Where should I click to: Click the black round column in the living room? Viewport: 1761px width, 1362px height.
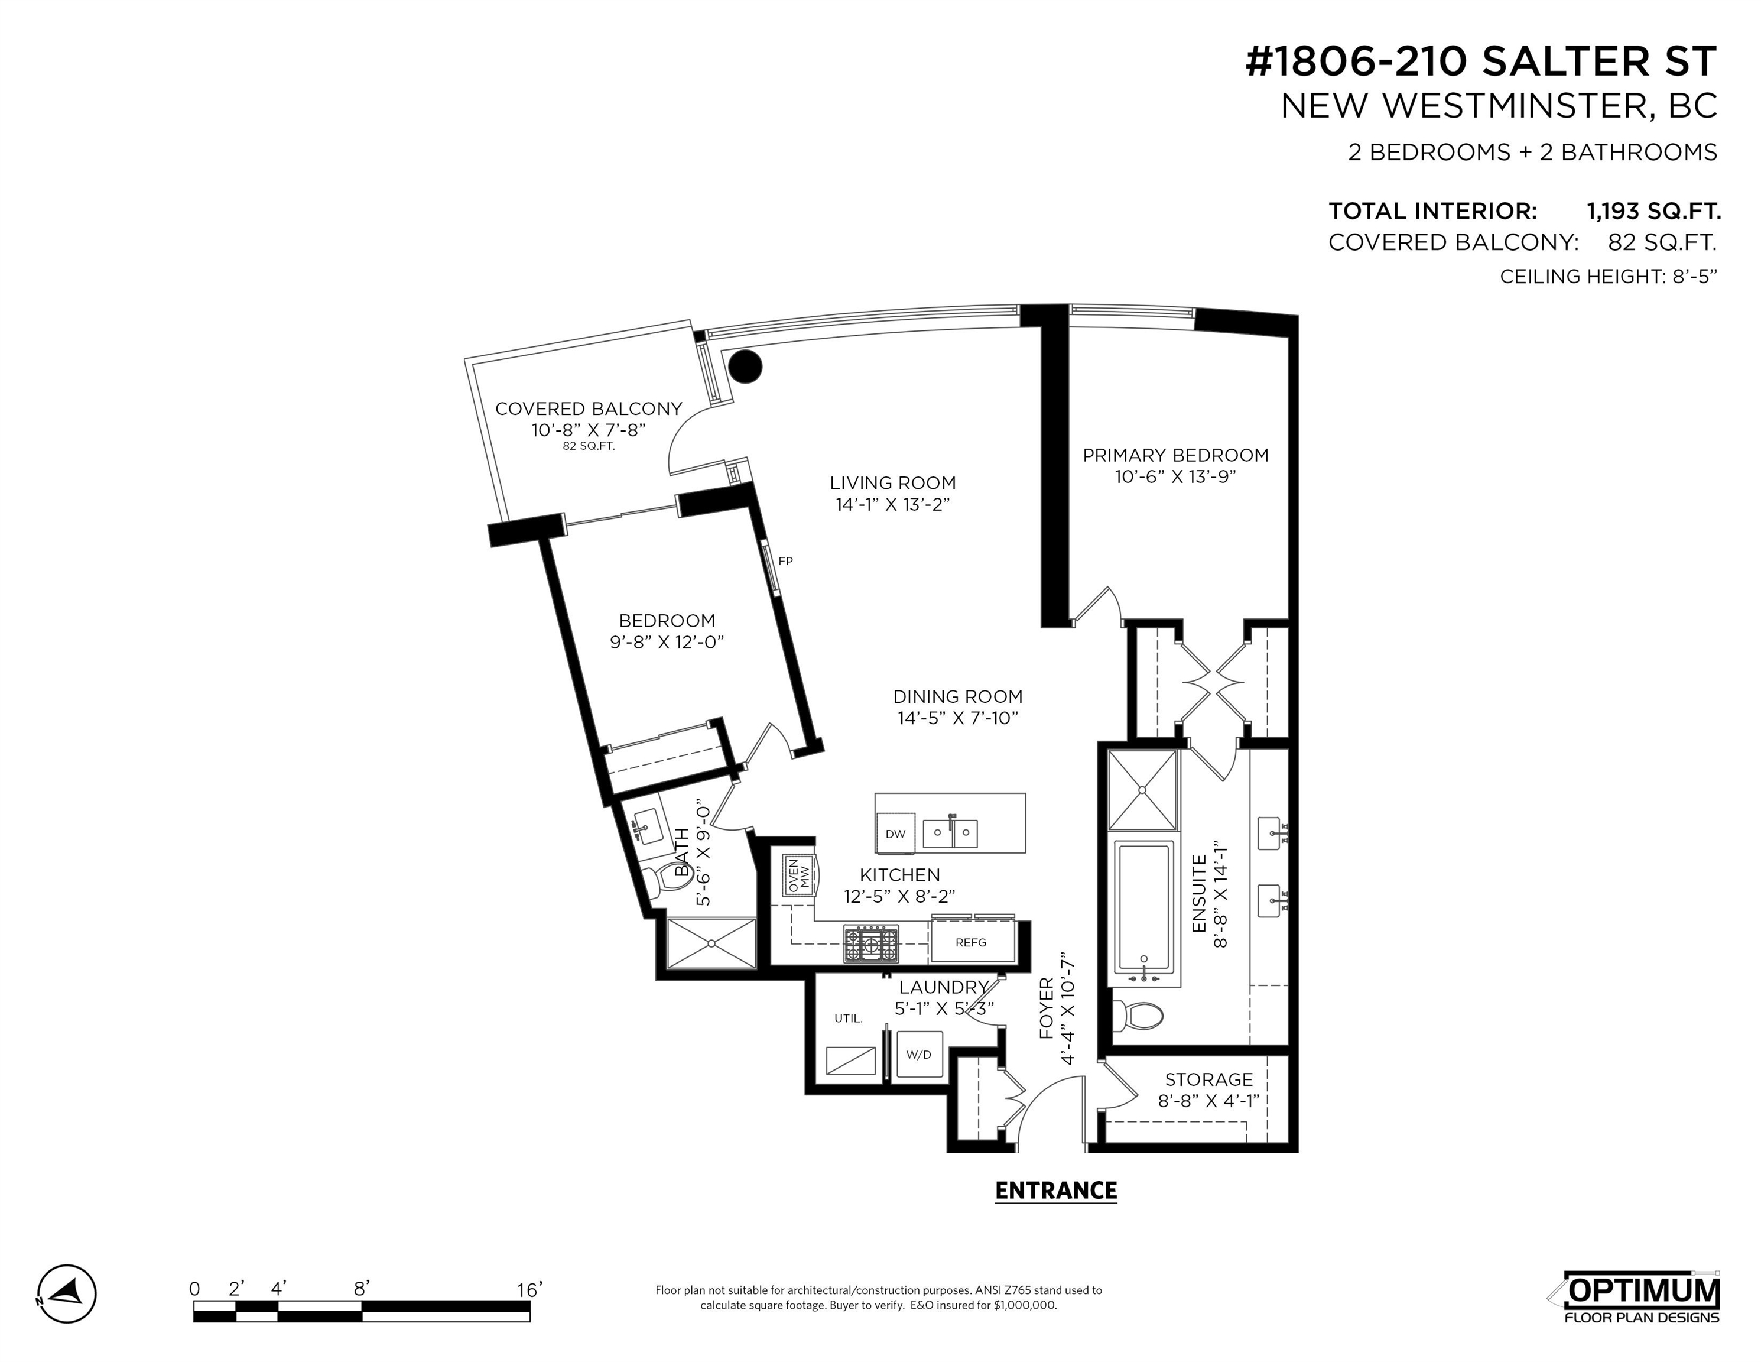coord(745,367)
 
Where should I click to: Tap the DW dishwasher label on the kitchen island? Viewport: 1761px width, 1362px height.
coord(895,834)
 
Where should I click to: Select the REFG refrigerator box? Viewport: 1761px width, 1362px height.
coord(972,941)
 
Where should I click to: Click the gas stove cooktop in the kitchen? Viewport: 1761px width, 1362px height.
coord(871,943)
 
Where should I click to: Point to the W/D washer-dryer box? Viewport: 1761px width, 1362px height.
coord(919,1053)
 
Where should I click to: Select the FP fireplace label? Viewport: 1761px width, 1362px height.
coord(785,561)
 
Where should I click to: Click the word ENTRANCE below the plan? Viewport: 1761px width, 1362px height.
coord(1055,1191)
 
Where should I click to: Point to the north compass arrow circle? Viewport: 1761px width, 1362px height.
coord(67,1293)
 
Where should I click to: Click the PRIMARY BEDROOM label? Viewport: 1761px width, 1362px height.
coord(1175,456)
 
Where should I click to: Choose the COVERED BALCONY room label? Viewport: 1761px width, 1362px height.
coord(589,409)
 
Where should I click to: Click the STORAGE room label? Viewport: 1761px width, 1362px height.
coord(1208,1080)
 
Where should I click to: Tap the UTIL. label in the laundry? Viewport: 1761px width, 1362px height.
coord(848,1019)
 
